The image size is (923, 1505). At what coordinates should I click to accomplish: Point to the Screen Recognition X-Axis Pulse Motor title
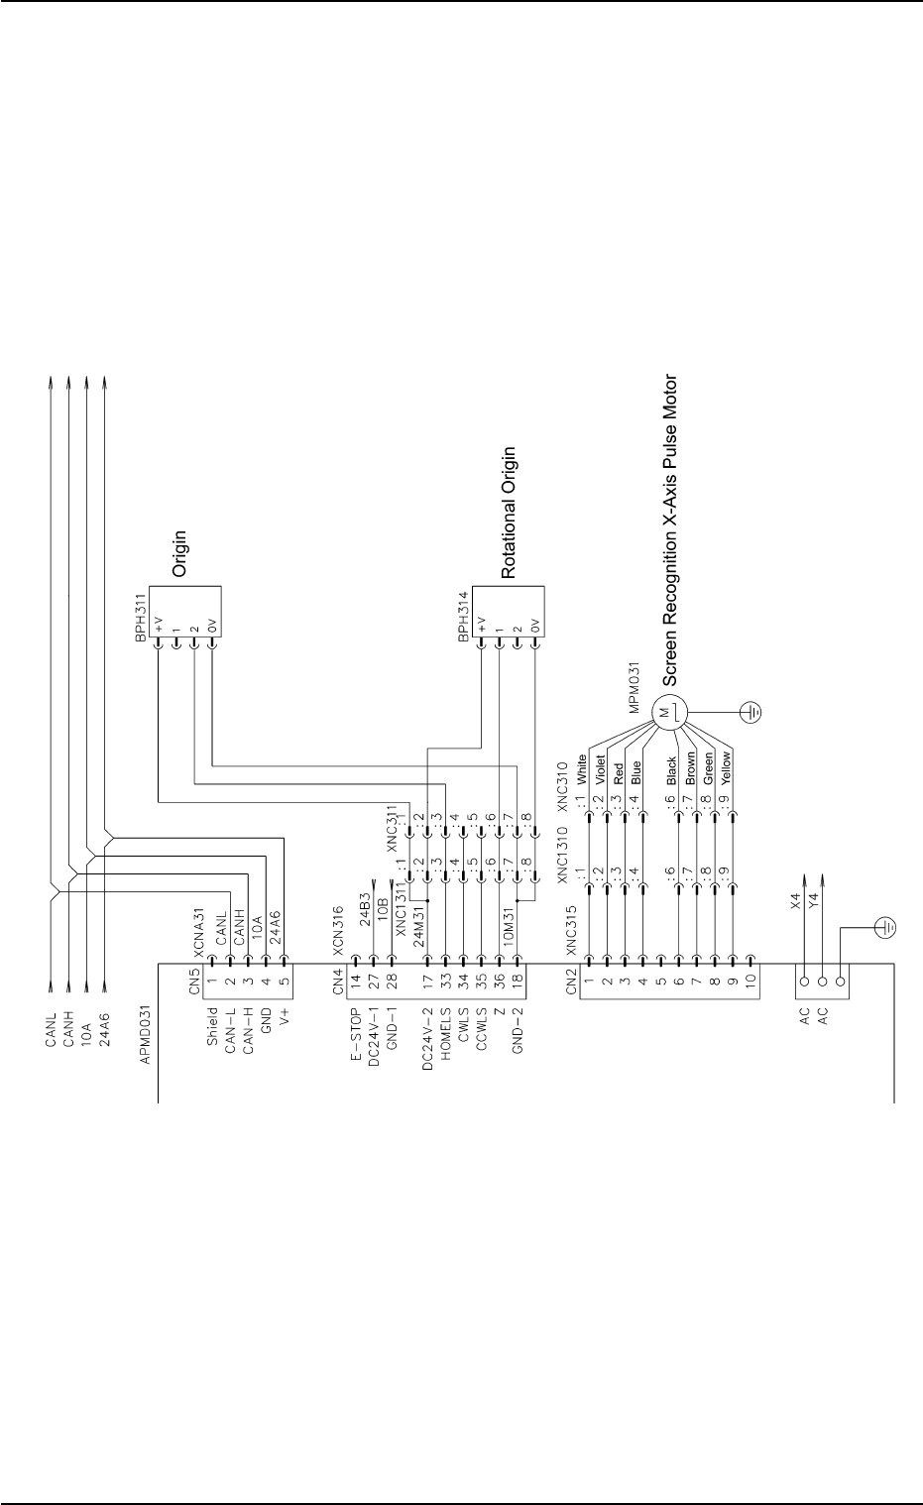[x=670, y=530]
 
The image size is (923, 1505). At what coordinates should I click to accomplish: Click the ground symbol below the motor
[x=752, y=711]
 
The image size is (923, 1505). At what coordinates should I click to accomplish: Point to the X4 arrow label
[x=794, y=902]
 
